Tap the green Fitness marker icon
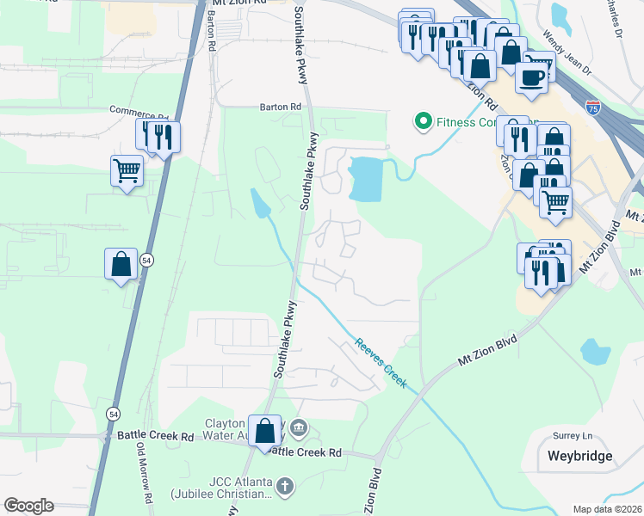tap(423, 121)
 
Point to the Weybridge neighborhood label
tap(579, 456)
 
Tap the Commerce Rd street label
tap(138, 111)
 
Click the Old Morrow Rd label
tap(143, 472)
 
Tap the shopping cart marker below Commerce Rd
tap(127, 170)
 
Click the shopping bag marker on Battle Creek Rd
tap(265, 429)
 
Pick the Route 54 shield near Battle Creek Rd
tap(113, 414)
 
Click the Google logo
tap(28, 506)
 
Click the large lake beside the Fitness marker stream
tap(366, 179)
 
